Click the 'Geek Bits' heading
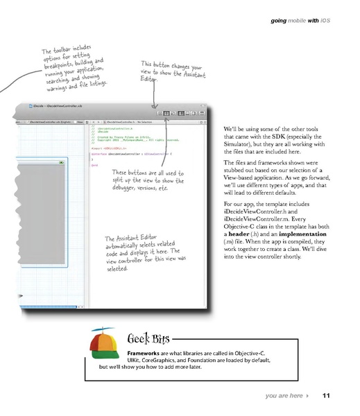[146, 340]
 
